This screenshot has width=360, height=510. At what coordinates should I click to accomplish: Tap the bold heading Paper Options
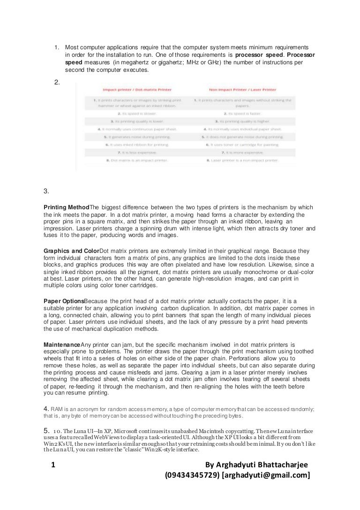click(64, 300)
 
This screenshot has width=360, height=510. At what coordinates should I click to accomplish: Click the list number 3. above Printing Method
click(46, 191)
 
